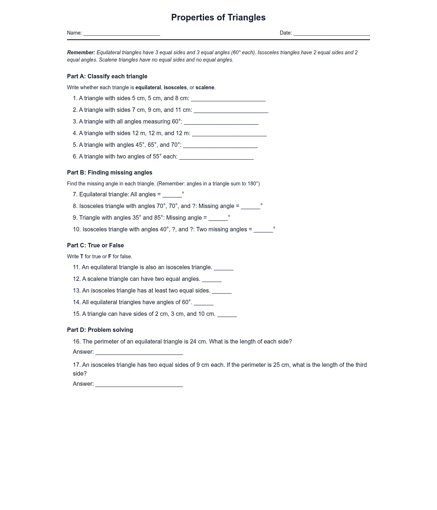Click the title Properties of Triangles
218,17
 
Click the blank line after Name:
122,33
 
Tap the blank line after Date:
331,33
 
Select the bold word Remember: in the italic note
81,52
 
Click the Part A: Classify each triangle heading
107,76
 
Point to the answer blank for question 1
228,98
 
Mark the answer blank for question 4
229,133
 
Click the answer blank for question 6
216,157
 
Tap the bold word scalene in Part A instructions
205,87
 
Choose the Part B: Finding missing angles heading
110,172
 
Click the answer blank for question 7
172,195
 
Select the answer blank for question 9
218,218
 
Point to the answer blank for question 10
263,229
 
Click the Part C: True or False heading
95,245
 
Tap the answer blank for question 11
224,267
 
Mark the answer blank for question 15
227,314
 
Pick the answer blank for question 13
222,291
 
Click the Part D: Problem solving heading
100,330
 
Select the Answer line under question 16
139,352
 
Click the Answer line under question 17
139,384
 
